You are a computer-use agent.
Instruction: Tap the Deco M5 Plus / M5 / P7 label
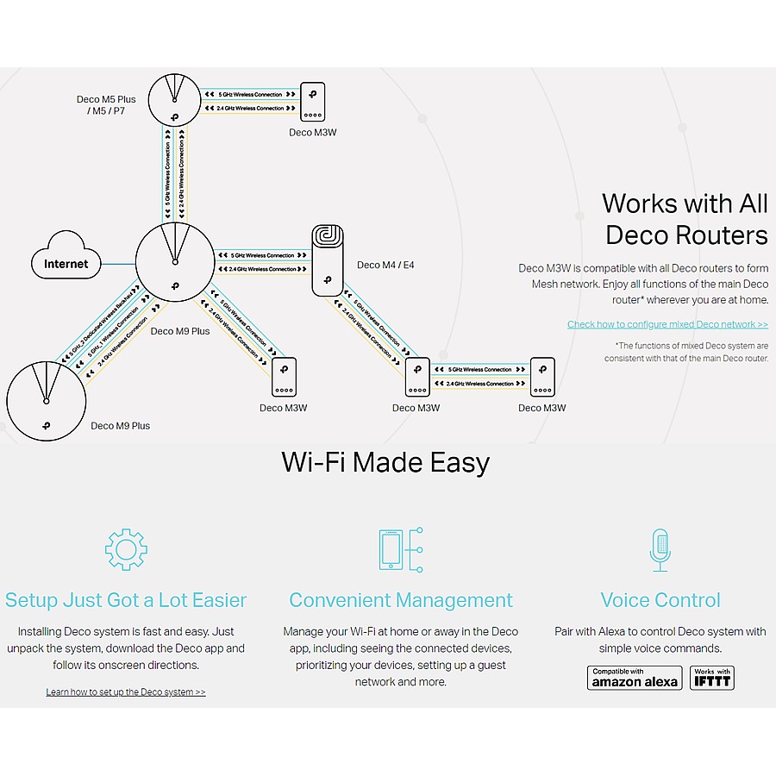click(106, 105)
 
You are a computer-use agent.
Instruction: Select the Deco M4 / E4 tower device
click(328, 260)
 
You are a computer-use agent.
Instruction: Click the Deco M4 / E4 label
click(385, 265)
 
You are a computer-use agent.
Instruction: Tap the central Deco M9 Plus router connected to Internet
click(174, 262)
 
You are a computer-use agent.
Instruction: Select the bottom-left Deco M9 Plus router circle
click(47, 401)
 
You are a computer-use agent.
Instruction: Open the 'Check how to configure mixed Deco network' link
click(667, 324)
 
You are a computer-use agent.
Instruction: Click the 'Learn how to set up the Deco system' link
click(126, 692)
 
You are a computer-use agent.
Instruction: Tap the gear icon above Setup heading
click(126, 549)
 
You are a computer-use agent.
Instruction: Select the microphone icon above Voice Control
click(660, 549)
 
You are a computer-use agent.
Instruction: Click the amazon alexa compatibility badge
click(635, 678)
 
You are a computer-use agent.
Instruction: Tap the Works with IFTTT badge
click(712, 678)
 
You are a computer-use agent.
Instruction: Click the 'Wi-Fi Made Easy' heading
click(385, 463)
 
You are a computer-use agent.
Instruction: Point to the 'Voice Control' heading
click(660, 600)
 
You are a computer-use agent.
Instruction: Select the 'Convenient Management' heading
click(401, 600)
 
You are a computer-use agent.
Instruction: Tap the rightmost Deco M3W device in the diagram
click(543, 377)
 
